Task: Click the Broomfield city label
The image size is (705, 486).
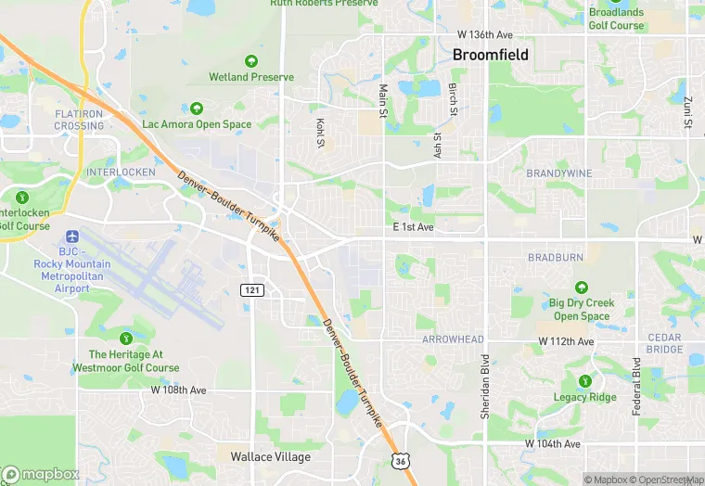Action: point(491,55)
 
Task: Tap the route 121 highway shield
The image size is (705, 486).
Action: point(251,290)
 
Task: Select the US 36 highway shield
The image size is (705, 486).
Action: point(400,461)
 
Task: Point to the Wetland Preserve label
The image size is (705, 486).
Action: point(250,77)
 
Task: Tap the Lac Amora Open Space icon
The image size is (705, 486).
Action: point(196,109)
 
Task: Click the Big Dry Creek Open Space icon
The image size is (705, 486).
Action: point(582,288)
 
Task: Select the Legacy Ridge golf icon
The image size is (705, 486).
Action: point(584,381)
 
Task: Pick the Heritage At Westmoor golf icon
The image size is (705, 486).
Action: point(127,336)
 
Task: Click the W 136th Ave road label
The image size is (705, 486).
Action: point(485,34)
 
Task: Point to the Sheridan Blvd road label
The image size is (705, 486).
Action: point(484,386)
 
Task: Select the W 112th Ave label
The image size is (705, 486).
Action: point(566,342)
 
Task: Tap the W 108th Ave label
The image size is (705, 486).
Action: point(179,390)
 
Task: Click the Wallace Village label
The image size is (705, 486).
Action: point(270,456)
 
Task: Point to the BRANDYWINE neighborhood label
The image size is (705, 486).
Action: point(558,173)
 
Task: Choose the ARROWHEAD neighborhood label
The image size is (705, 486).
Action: point(453,339)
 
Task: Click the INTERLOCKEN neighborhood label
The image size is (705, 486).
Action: point(117,173)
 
